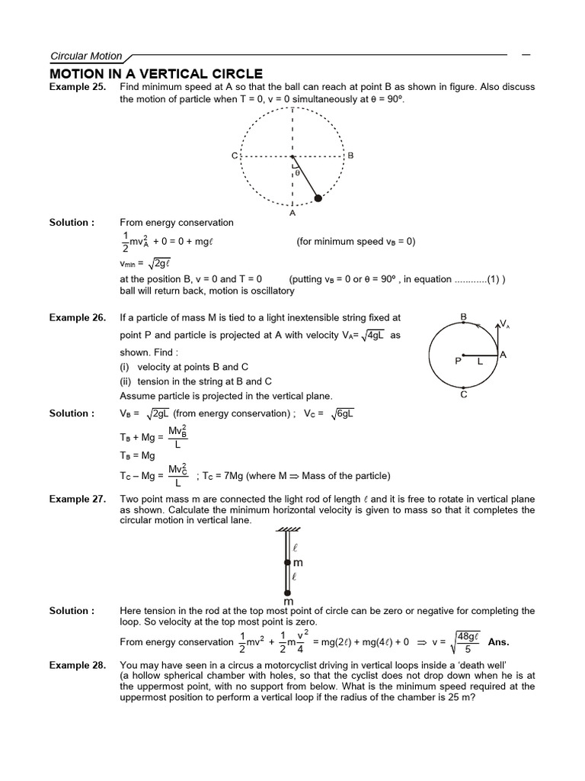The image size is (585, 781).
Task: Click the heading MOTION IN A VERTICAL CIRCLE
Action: pyautogui.click(x=155, y=74)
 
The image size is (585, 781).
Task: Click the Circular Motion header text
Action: pyautogui.click(x=85, y=56)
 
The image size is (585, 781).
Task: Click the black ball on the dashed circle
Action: pyautogui.click(x=318, y=198)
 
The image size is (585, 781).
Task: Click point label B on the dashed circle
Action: pyautogui.click(x=350, y=156)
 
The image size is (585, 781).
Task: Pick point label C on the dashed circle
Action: pyautogui.click(x=235, y=156)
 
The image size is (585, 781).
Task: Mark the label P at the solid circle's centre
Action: pyautogui.click(x=459, y=362)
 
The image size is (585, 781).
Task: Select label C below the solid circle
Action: pyautogui.click(x=463, y=394)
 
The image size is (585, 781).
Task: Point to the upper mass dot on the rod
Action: pyautogui.click(x=287, y=563)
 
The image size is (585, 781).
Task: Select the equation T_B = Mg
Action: pyautogui.click(x=138, y=455)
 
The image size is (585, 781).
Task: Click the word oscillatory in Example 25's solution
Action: pyautogui.click(x=269, y=291)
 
